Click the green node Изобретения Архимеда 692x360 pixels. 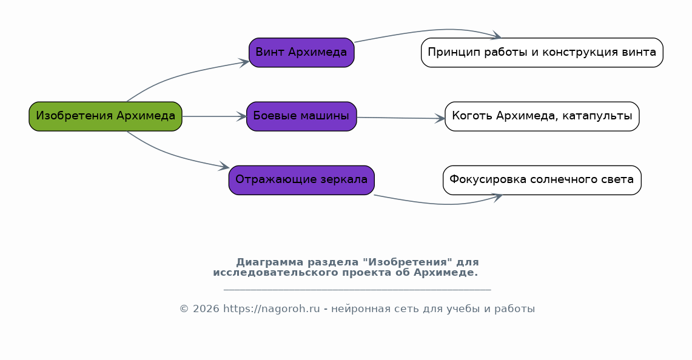[106, 116]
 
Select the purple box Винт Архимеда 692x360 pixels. [301, 53]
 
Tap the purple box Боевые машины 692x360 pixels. [301, 116]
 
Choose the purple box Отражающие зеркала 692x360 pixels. [301, 180]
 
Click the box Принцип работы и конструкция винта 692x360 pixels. [542, 53]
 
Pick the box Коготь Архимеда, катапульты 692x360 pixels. [542, 116]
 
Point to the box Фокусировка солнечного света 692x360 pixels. [542, 180]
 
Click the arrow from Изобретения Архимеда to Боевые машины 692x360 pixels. [215, 116]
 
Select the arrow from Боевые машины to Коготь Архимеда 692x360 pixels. [401, 118]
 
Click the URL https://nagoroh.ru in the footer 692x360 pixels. [272, 309]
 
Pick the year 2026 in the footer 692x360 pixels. [206, 309]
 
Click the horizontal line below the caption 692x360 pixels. [357, 290]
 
